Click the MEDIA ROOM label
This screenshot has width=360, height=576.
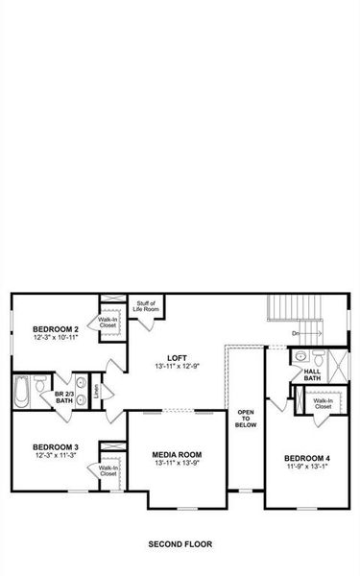(177, 454)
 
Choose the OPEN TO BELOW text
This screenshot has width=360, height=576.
(246, 418)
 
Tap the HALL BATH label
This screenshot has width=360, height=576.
(312, 374)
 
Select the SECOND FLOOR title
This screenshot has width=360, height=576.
(180, 544)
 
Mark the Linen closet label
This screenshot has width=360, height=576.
(96, 392)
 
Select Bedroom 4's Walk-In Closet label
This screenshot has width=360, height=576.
(324, 403)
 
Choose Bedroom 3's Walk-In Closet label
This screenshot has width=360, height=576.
(108, 472)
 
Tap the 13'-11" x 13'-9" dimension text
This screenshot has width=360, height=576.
(177, 464)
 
